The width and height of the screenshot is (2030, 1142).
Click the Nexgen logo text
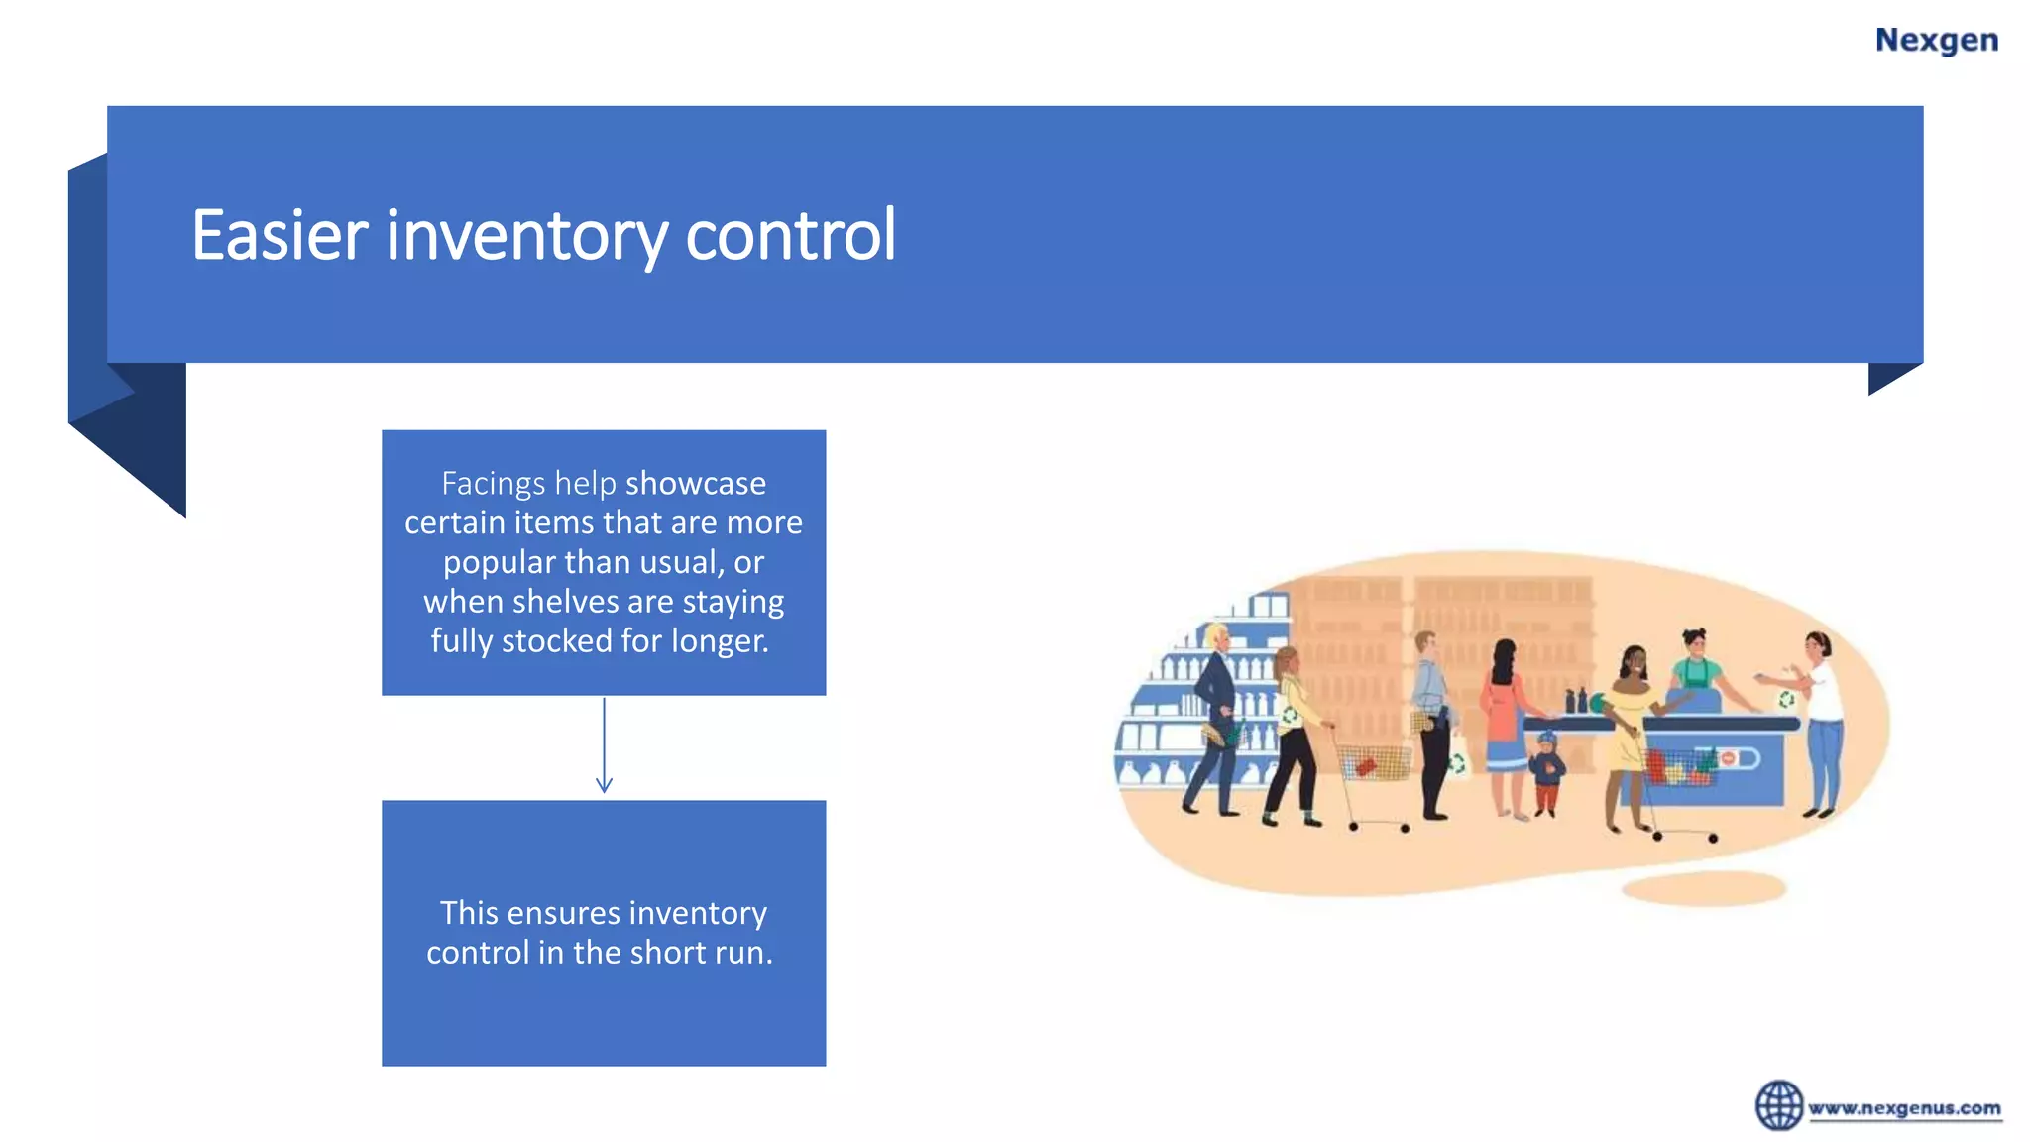point(1936,40)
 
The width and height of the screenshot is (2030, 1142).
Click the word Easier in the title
point(280,235)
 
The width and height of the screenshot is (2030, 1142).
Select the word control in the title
point(790,235)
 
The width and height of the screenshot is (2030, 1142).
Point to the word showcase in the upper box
point(695,483)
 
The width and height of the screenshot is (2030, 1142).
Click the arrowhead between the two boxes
point(604,784)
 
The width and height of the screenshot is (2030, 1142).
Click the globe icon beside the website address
point(1779,1105)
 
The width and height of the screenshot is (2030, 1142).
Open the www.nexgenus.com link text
point(1904,1108)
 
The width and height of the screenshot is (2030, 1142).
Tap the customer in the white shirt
point(1822,714)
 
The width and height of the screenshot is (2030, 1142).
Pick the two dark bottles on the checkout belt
point(1575,701)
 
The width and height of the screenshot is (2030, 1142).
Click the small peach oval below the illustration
point(1704,887)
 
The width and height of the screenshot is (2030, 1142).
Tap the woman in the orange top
point(1504,719)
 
